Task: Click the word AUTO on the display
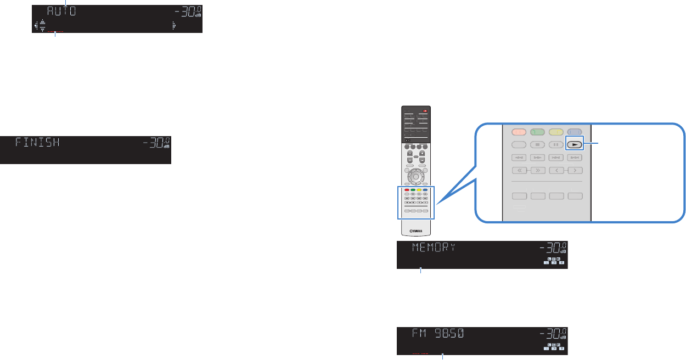61,12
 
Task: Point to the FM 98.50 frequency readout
438,333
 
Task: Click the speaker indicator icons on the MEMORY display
553,261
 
